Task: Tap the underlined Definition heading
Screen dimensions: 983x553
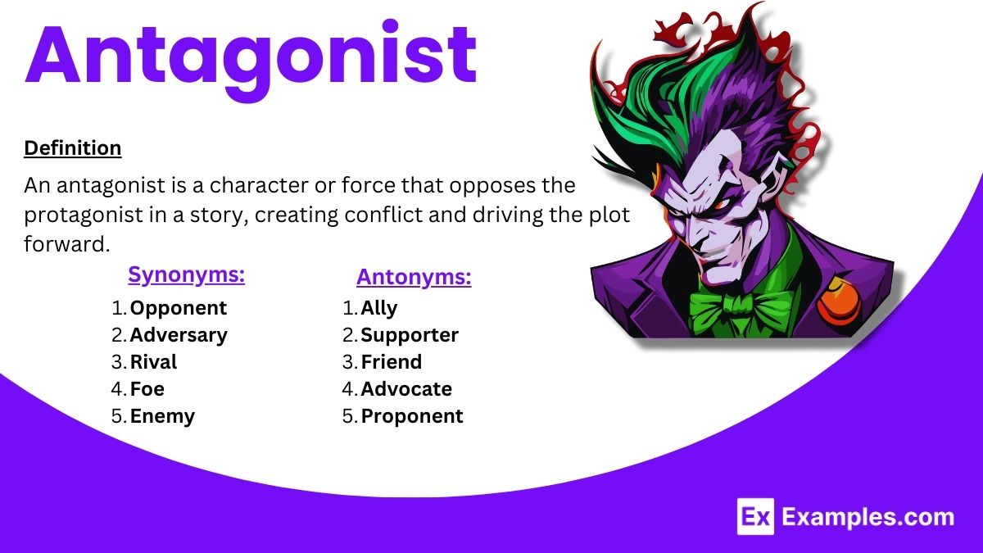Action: [x=73, y=148]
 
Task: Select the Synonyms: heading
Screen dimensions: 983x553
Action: [x=187, y=275]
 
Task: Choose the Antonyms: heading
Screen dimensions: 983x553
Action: [x=414, y=278]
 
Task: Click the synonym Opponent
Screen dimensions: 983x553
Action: [x=179, y=309]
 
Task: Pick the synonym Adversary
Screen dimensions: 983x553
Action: [x=179, y=336]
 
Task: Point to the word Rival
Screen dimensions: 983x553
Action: [x=153, y=362]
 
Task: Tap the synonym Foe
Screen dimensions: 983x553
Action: [x=147, y=389]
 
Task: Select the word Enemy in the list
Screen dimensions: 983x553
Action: [x=162, y=416]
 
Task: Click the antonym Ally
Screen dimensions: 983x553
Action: [x=378, y=309]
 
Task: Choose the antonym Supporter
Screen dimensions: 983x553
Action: [x=410, y=336]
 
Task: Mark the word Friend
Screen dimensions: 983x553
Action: [x=391, y=362]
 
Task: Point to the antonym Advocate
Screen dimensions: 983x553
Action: [x=406, y=389]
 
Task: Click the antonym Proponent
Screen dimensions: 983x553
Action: [x=412, y=416]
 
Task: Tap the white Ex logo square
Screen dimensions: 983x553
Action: [x=755, y=517]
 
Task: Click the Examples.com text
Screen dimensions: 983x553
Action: [x=868, y=518]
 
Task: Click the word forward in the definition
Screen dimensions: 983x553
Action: [x=66, y=244]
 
